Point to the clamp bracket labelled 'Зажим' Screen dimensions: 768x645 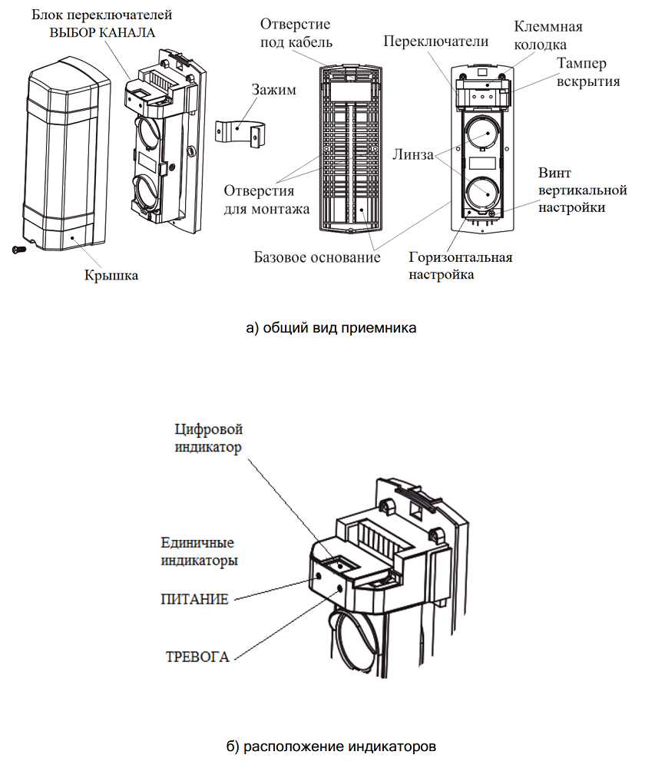point(240,132)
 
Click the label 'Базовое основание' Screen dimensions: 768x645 point(317,257)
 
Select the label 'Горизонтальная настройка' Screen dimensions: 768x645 point(461,265)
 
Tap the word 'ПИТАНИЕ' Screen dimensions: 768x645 point(194,598)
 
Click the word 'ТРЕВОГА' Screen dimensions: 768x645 point(198,657)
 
